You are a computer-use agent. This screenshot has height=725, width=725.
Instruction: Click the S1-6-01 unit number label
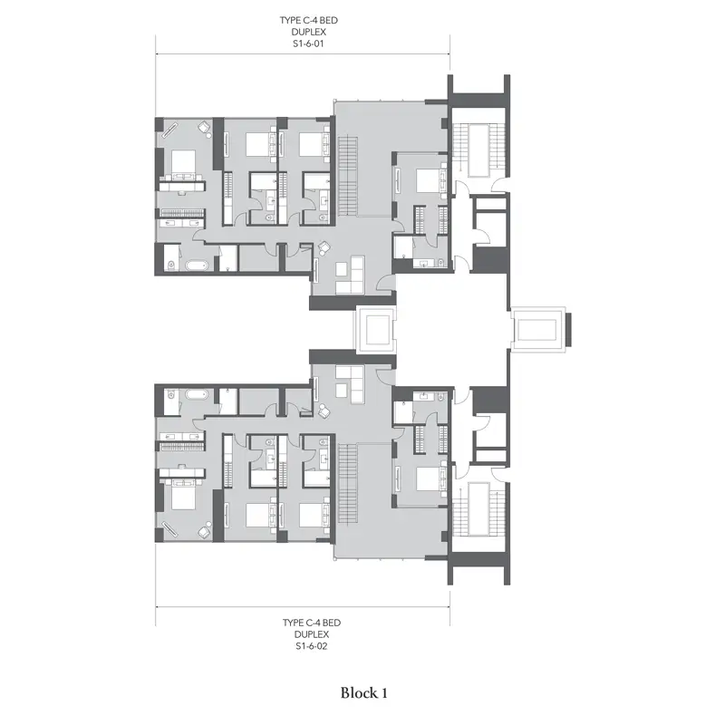pos(308,43)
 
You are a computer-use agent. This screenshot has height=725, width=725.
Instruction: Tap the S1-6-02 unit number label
pos(311,646)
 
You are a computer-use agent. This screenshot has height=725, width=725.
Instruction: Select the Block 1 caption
pos(364,692)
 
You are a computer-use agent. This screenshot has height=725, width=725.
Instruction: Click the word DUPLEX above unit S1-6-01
pos(308,32)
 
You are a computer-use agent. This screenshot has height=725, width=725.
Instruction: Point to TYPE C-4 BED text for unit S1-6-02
pos(311,623)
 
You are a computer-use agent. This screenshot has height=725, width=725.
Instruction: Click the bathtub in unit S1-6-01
pos(198,266)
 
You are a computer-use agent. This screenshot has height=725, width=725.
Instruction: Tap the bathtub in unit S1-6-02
pos(198,394)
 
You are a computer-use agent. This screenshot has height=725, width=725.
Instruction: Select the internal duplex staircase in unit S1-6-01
pos(348,176)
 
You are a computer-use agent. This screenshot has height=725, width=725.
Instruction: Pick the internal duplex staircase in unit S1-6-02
pos(348,483)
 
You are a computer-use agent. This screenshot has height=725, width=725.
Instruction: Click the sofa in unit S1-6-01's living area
pos(351,275)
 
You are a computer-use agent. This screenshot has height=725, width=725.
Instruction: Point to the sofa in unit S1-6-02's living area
pos(351,383)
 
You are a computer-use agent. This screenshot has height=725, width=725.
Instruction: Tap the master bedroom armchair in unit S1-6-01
pos(204,127)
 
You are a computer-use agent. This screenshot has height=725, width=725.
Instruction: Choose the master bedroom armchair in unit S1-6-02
pos(204,532)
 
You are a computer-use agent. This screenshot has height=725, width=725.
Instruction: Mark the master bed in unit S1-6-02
pos(183,495)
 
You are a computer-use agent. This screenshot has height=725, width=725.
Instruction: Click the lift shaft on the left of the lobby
pos(375,330)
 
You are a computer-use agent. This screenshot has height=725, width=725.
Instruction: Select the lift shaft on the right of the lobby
pos(537,330)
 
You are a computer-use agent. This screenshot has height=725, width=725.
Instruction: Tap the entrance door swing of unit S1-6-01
pos(387,283)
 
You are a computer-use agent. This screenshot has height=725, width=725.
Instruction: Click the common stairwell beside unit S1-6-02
pos(478,509)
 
